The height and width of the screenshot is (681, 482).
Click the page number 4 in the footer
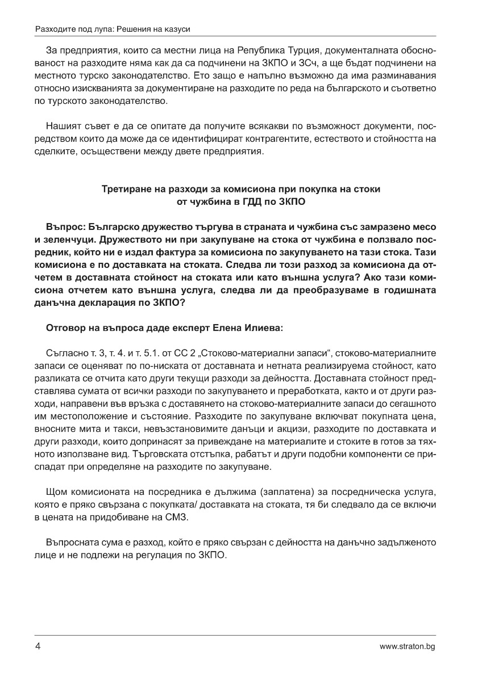click(x=38, y=646)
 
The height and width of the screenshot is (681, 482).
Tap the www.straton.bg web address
click(x=408, y=646)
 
